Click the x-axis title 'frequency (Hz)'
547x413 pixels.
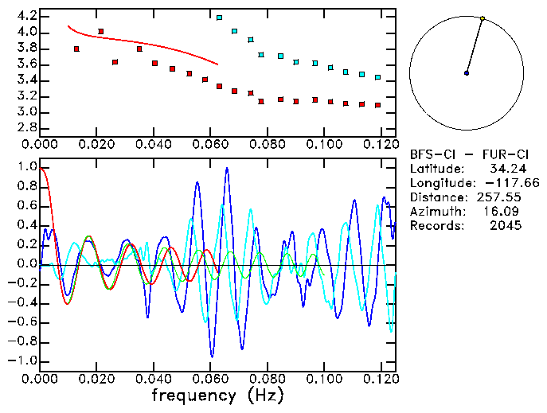point(217,395)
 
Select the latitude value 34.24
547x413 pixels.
point(506,168)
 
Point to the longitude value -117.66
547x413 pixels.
point(510,182)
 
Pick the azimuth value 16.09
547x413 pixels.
point(506,211)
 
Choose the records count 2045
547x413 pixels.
point(506,225)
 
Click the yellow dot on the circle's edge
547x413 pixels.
point(483,18)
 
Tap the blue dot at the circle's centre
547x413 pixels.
point(467,73)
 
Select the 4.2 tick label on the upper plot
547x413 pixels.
point(26,16)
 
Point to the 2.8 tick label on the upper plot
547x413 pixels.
point(26,127)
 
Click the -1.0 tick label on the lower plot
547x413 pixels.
point(23,360)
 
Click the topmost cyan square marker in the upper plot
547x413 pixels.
point(220,17)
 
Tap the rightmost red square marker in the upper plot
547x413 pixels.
point(377,105)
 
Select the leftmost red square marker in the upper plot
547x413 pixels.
point(76,49)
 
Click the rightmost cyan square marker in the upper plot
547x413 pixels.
point(377,77)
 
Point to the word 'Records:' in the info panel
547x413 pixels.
point(435,225)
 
